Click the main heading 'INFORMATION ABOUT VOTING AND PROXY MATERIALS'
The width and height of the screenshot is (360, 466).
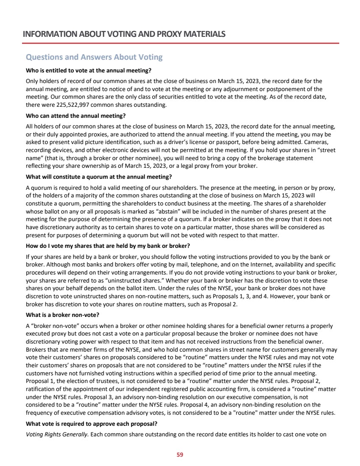pyautogui.click(x=124, y=34)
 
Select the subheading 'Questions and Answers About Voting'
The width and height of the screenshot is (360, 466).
pyautogui.click(x=94, y=57)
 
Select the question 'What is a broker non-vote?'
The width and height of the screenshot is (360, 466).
pyautogui.click(x=62, y=314)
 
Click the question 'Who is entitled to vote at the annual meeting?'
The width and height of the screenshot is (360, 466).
pyautogui.click(x=89, y=69)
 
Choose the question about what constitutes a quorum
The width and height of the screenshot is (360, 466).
pyautogui.click(x=99, y=176)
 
